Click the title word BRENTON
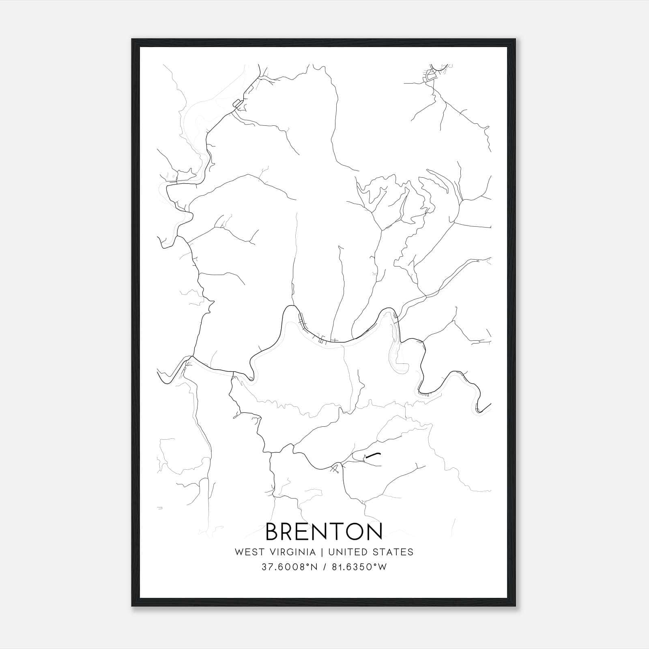tap(324, 531)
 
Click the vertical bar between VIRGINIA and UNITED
tap(322, 552)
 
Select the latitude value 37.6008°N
tap(288, 567)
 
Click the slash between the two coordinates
tap(324, 567)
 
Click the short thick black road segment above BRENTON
tap(373, 454)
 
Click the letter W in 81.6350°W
tap(382, 567)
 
